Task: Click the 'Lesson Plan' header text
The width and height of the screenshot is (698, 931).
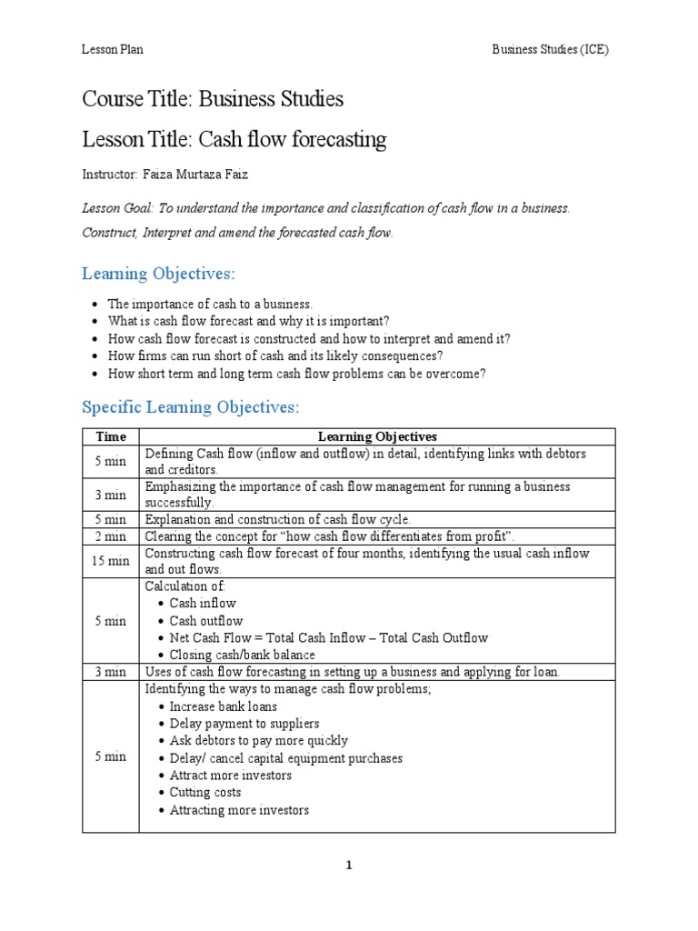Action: coord(113,50)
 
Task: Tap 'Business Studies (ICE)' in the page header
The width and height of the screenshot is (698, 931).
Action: coord(550,50)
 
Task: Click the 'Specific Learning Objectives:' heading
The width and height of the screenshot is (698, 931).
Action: coord(190,406)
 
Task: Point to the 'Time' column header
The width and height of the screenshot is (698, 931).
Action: coord(110,436)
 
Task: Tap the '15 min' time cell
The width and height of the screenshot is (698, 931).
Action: coord(110,561)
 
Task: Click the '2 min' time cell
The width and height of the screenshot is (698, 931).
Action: coord(110,536)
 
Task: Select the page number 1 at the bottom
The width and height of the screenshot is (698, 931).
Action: coord(349,866)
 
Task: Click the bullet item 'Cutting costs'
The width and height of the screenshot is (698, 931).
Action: coord(205,793)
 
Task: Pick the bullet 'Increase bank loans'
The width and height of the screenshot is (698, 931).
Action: coord(224,706)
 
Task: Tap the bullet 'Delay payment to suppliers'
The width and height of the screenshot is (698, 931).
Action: coord(244,724)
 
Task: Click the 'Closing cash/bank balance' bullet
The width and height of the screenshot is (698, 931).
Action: coord(243,655)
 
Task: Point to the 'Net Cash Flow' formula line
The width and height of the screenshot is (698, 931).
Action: coord(329,637)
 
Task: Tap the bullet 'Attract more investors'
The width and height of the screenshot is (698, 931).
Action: coord(231,776)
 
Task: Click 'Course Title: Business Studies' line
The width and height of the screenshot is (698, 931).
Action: coord(213,98)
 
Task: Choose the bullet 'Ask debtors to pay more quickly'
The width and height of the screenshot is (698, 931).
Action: coord(259,741)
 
